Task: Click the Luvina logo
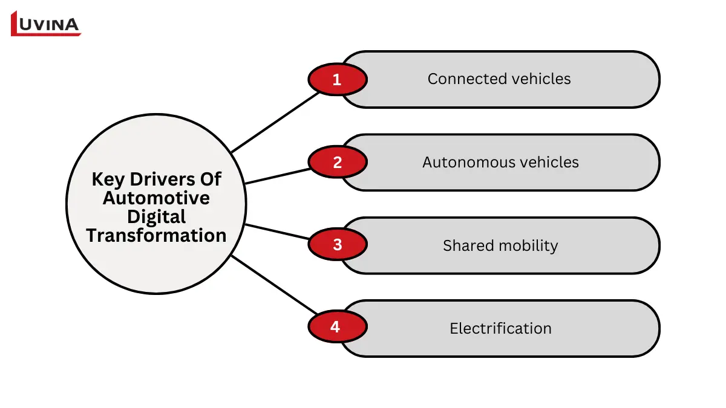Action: coord(46,24)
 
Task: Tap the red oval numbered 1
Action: coord(337,79)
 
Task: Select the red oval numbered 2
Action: coord(337,162)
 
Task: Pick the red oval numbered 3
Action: coord(337,245)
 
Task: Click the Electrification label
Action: coord(500,328)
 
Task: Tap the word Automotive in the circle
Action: coord(156,198)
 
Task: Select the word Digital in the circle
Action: coord(156,216)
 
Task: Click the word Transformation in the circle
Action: coord(156,235)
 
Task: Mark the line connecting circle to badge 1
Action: coord(275,121)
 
